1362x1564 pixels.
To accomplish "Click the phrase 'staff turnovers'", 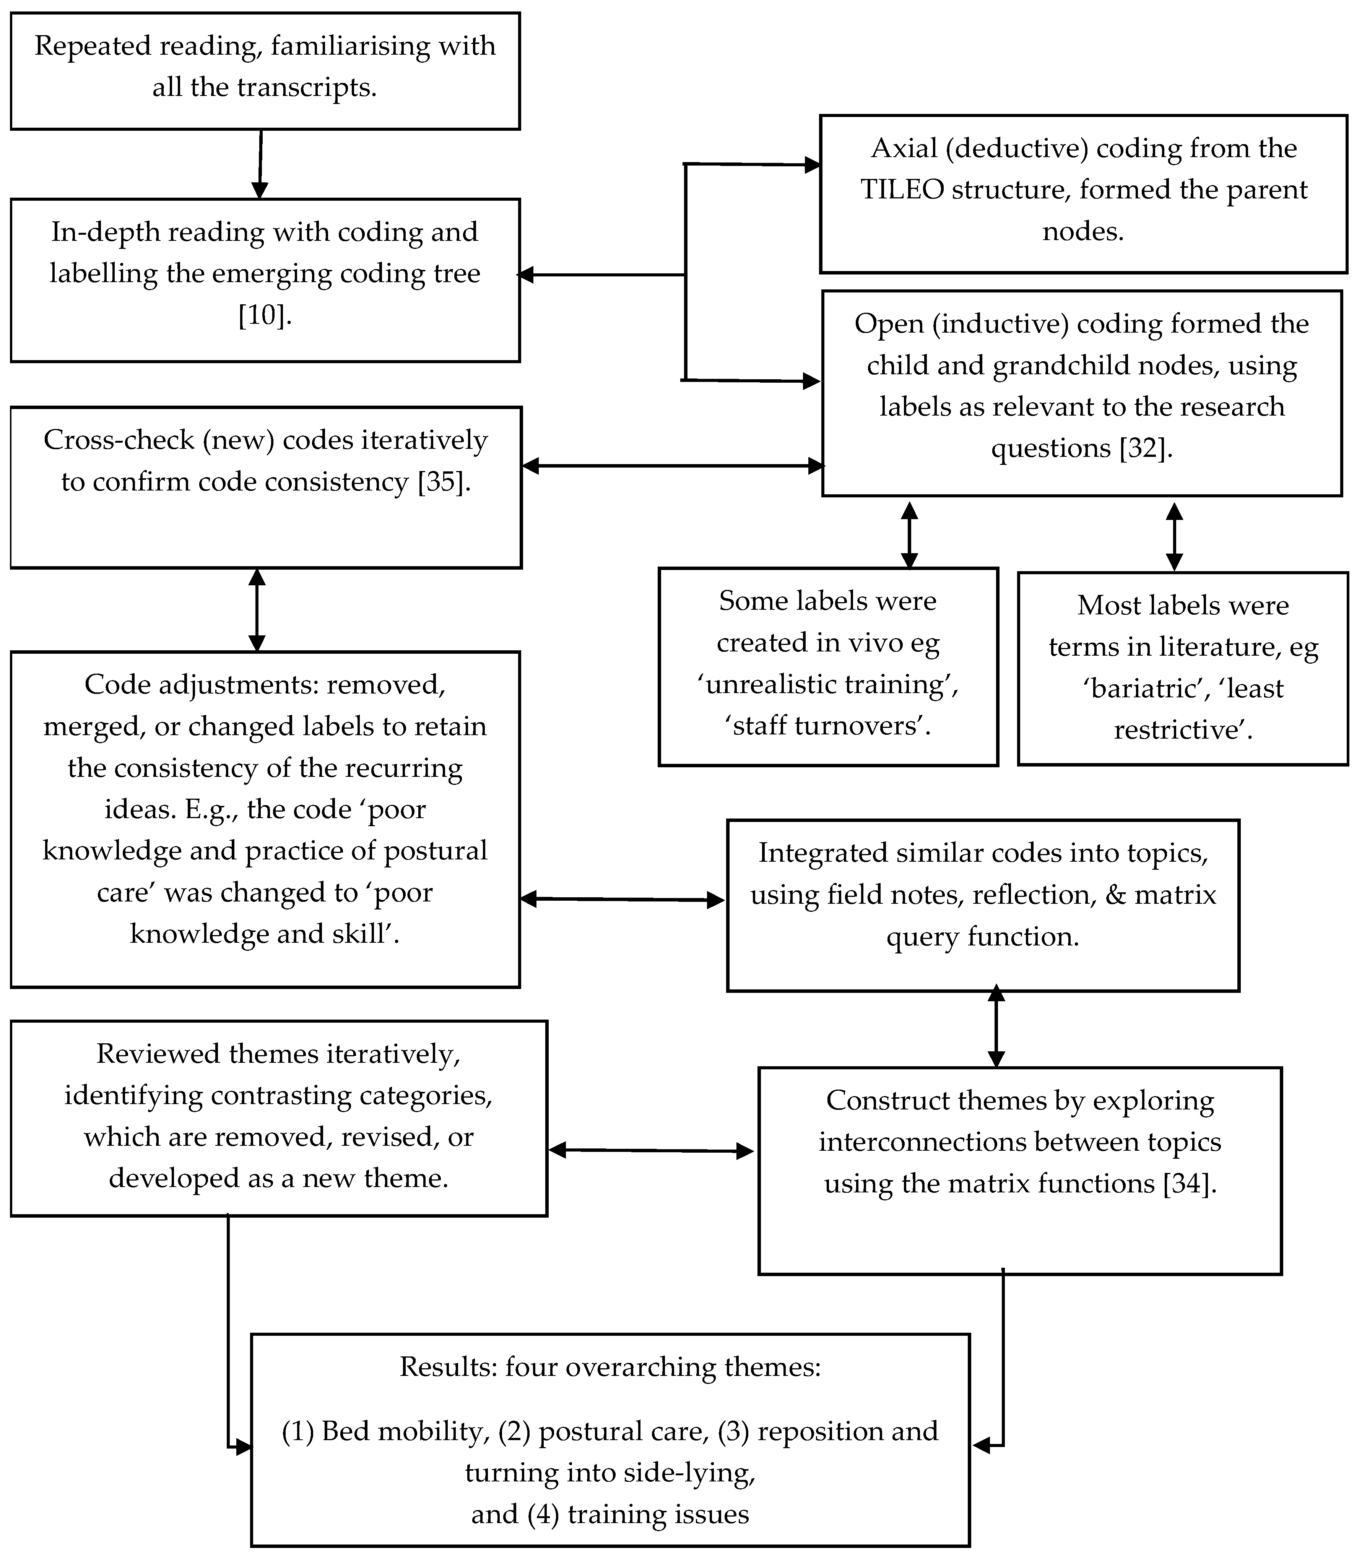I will pyautogui.click(x=828, y=726).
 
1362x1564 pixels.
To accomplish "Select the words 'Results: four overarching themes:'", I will pyautogui.click(x=610, y=1367).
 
